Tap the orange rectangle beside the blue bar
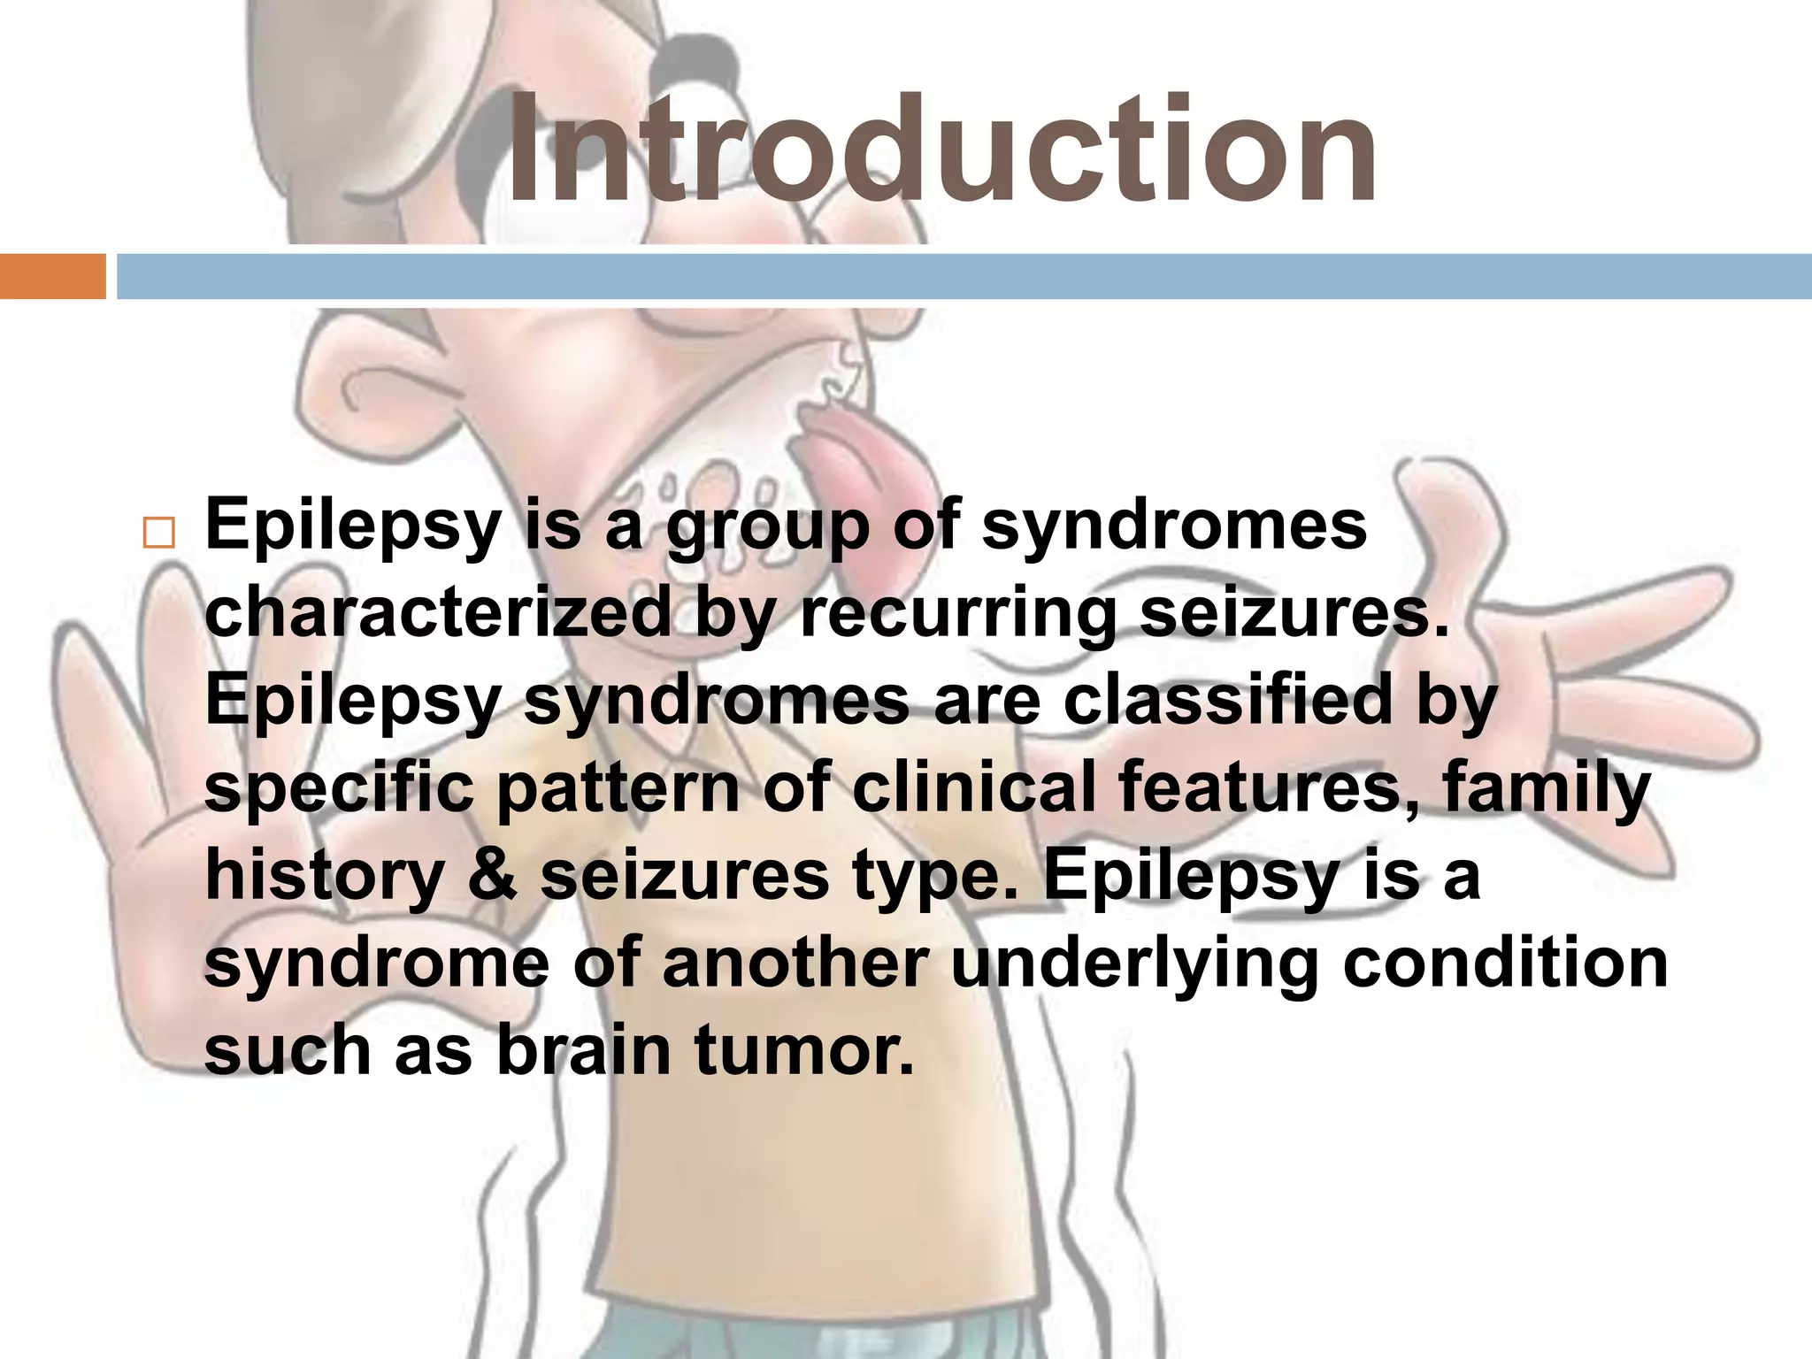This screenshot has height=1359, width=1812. click(52, 276)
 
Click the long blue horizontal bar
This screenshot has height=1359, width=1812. click(963, 276)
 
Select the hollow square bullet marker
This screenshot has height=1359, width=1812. click(158, 534)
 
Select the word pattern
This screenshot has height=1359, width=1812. click(618, 787)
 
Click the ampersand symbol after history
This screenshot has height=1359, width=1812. click(491, 874)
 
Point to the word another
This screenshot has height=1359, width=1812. click(795, 962)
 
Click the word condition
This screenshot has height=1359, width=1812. click(1505, 962)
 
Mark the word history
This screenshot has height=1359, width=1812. click(325, 876)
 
